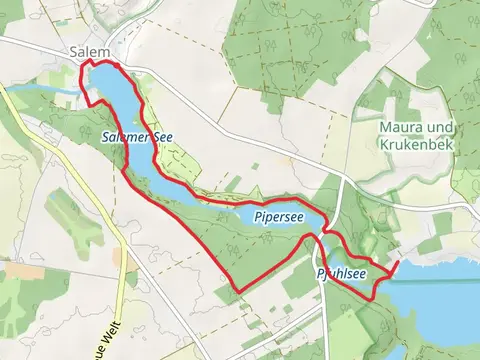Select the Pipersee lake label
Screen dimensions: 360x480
(272, 216)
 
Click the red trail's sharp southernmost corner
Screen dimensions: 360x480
(238, 292)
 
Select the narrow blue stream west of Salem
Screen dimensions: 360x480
(45, 91)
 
